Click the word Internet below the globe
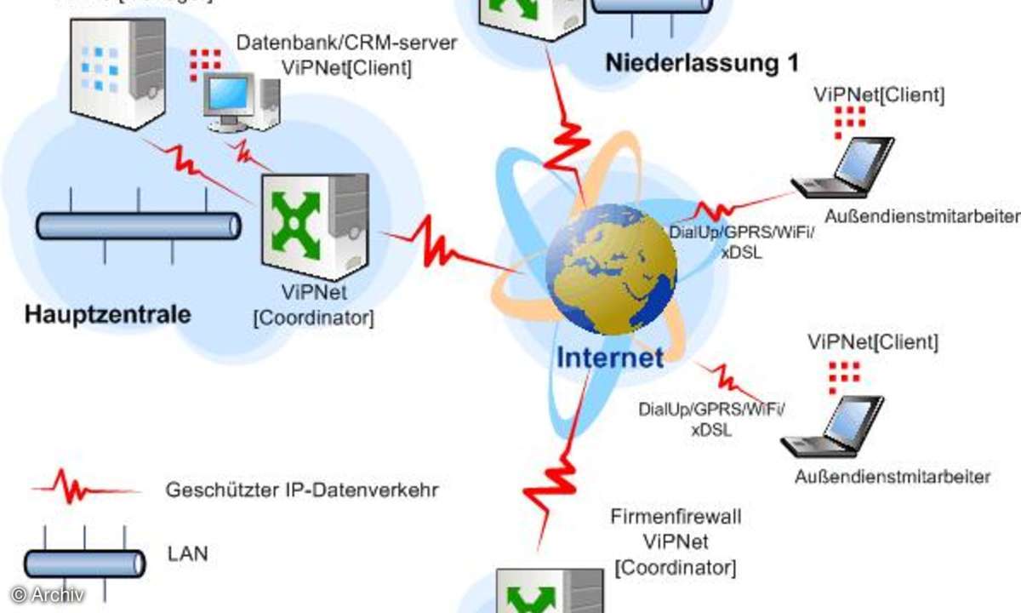(x=609, y=357)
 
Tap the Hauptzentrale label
(x=107, y=314)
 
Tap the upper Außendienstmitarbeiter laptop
(x=842, y=167)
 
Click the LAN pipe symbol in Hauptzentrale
(x=139, y=226)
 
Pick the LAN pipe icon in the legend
(x=83, y=562)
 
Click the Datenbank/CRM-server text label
(x=346, y=43)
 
